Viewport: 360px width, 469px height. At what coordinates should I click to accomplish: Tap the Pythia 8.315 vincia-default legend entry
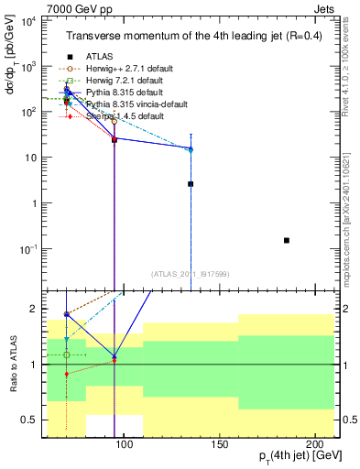pyautogui.click(x=136, y=104)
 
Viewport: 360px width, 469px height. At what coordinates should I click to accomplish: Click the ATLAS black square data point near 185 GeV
pyautogui.click(x=287, y=240)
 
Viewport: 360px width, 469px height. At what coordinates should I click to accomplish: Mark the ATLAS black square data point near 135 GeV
pyautogui.click(x=191, y=184)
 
